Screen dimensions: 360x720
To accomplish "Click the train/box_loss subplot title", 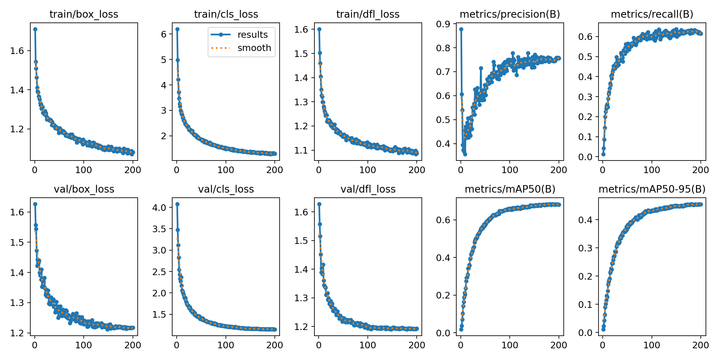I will tap(84, 14).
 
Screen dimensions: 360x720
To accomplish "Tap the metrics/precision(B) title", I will tap(510, 14).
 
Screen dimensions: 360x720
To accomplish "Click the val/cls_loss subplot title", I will tap(226, 189).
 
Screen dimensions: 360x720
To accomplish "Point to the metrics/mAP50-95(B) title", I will tap(652, 189).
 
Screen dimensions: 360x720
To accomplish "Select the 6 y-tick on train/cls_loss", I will tap(163, 34).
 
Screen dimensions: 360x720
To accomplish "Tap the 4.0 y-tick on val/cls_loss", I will tap(159, 208).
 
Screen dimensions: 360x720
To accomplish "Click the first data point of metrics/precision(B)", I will tap(461, 29).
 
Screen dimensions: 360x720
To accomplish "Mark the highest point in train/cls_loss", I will tap(177, 29).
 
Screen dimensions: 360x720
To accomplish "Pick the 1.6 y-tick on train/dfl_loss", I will tap(301, 29).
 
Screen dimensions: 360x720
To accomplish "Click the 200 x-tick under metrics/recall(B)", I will tap(700, 170).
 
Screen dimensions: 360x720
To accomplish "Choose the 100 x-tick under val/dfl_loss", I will tap(367, 345).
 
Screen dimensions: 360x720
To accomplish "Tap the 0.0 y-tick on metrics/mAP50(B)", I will tap(443, 333).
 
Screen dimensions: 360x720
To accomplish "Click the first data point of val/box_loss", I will tap(35, 204).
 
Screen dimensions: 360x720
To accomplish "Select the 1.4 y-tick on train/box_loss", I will tap(17, 90).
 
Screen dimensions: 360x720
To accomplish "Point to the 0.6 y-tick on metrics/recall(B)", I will tap(585, 37).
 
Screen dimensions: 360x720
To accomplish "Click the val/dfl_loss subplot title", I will tap(368, 189).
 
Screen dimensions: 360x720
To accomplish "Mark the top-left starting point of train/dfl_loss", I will tap(319, 29).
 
